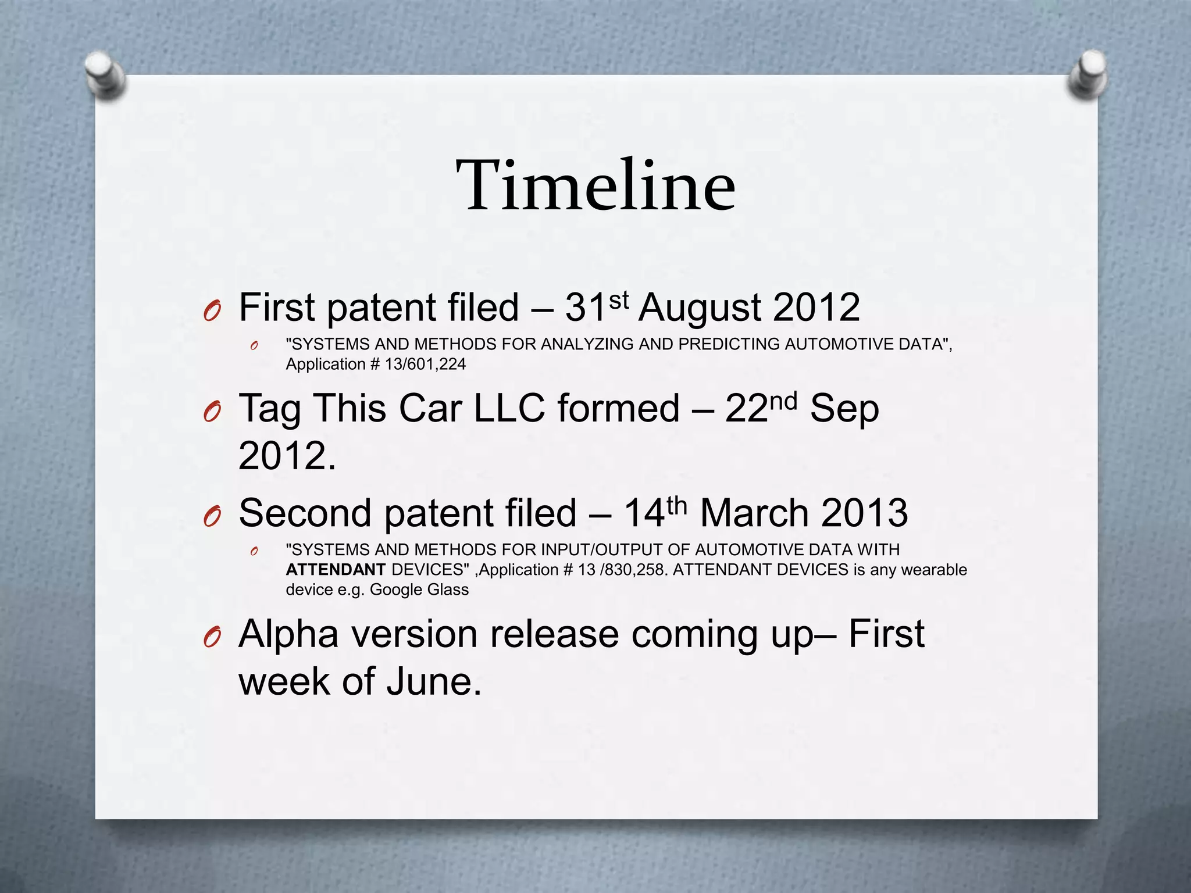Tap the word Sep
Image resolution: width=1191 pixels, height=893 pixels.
pos(844,409)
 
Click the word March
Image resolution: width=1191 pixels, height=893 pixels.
pos(754,513)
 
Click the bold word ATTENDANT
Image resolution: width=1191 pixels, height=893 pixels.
pos(336,570)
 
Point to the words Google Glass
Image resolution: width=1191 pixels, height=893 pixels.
pos(419,590)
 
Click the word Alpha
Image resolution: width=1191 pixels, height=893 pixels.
pos(288,634)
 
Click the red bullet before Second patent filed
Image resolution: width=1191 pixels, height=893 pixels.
pos(212,516)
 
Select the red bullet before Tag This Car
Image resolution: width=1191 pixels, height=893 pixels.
pos(212,412)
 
